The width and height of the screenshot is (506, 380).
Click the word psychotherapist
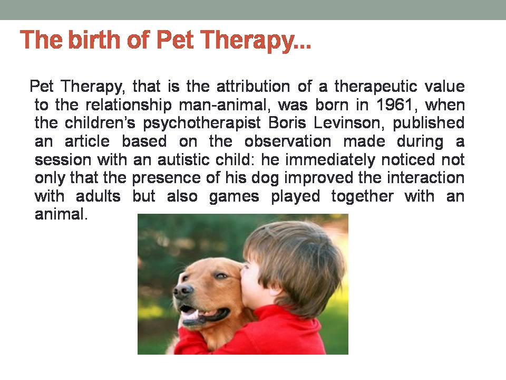click(x=202, y=123)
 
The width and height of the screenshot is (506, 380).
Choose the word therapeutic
click(x=376, y=87)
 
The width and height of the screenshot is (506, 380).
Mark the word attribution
click(x=253, y=86)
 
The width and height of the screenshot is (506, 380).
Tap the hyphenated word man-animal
click(x=223, y=105)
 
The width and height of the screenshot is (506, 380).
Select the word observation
click(x=288, y=141)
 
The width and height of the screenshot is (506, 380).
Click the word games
click(x=234, y=197)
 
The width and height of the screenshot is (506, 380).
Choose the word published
click(x=429, y=123)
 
